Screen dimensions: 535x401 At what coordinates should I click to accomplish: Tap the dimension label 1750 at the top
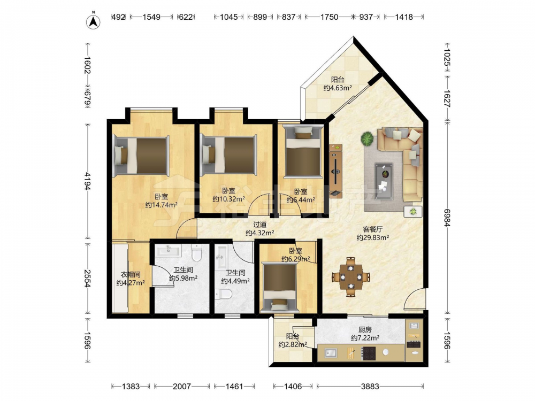click(x=329, y=17)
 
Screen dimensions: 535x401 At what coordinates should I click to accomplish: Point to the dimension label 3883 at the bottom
click(x=370, y=387)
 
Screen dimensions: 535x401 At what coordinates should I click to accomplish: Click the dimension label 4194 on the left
click(x=88, y=181)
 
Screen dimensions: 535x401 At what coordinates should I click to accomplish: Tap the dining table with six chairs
click(x=351, y=277)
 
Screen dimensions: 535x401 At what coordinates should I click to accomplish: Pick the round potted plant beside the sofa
click(x=368, y=138)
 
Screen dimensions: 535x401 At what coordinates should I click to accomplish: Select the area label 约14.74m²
click(x=162, y=205)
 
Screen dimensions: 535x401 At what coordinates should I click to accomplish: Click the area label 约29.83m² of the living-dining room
click(x=373, y=237)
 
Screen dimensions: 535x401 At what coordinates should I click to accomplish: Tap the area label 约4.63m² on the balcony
click(x=338, y=88)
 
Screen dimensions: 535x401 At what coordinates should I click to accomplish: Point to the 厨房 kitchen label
click(x=365, y=330)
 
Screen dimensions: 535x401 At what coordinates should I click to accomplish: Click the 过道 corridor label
click(x=260, y=225)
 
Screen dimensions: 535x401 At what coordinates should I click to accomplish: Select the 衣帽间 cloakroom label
click(x=131, y=274)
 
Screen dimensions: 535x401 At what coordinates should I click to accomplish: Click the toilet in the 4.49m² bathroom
click(x=224, y=294)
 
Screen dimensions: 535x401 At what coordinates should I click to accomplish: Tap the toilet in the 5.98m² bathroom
click(x=197, y=252)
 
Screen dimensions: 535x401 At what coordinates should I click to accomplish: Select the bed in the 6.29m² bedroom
click(x=280, y=287)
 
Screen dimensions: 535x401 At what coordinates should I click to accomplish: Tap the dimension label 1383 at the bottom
click(x=131, y=387)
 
